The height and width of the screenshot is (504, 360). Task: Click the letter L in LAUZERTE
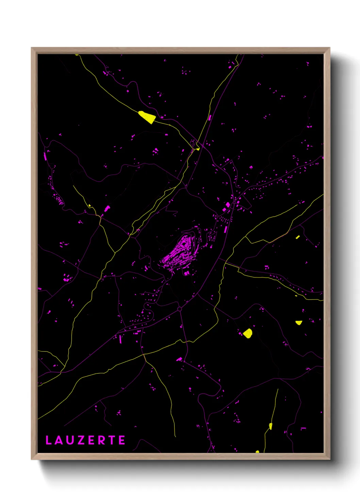point(49,440)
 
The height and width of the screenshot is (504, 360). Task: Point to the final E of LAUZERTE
point(122,440)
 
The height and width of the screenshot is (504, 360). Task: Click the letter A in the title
point(59,440)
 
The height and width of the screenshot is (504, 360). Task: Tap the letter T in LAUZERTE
point(112,440)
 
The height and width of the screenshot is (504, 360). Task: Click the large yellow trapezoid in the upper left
point(147,117)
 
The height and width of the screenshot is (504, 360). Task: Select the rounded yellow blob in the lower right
point(248,333)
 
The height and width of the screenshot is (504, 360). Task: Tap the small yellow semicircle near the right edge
point(298,322)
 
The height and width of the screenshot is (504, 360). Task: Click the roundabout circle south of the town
point(179,309)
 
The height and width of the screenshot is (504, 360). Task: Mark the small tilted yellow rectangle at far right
point(298,237)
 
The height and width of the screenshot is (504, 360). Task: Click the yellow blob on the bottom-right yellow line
point(271,426)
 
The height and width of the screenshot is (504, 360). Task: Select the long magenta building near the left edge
point(45,156)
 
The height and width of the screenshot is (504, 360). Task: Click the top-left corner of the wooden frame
point(32,48)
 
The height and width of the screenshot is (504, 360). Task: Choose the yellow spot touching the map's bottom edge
point(257,452)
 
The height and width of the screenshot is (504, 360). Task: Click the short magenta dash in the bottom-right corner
point(303,428)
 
